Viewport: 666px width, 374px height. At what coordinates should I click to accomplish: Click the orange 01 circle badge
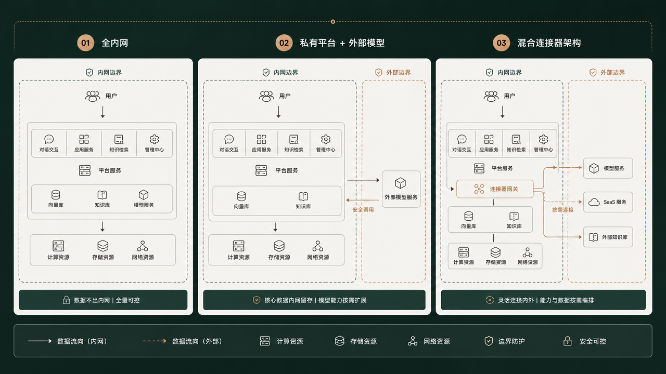coord(86,43)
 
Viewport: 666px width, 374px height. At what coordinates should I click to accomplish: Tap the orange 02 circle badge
coord(284,43)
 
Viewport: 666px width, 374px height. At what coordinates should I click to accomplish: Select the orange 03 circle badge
coord(501,43)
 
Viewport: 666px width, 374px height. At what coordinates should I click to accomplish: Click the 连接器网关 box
coord(495,189)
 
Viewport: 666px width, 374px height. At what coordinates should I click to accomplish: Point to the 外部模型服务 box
coord(401,189)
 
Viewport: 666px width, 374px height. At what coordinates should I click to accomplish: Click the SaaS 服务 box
coord(608,202)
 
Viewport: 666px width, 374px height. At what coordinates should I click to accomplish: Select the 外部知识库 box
coord(608,237)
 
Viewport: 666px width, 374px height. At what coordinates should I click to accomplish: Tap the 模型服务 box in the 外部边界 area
coord(608,168)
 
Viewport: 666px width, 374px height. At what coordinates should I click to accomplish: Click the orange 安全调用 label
coord(363,210)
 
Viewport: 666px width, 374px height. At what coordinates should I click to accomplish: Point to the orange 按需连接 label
coord(562,210)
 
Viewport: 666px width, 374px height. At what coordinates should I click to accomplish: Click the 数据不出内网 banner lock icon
coord(66,300)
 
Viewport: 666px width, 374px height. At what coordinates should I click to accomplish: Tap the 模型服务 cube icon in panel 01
coord(144,195)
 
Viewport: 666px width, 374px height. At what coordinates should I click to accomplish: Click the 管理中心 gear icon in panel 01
coord(154,139)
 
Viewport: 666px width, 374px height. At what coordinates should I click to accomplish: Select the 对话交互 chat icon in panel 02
coord(229,139)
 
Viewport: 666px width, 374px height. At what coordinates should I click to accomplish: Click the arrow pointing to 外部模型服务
coord(363,180)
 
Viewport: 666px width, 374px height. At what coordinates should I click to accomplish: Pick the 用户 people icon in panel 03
coord(491,96)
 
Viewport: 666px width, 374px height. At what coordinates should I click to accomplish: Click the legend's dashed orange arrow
coord(155,341)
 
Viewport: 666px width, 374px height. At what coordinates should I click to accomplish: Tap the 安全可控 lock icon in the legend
coord(567,341)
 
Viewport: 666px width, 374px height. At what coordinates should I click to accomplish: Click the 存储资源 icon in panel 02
coord(279,246)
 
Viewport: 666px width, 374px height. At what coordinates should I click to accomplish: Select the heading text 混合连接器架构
coord(549,43)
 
